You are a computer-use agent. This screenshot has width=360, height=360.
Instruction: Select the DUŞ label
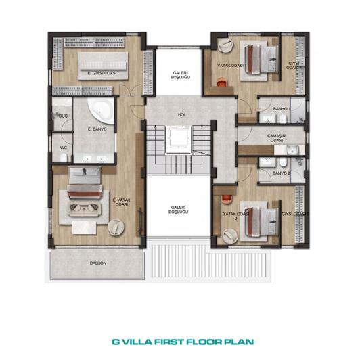point(62,116)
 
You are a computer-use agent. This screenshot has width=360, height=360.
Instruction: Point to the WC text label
point(62,147)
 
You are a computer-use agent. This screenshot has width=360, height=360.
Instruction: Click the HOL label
point(181,114)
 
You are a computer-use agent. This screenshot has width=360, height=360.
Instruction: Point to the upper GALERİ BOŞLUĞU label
point(180,75)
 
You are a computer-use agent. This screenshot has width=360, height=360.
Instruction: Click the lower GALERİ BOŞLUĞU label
point(180,210)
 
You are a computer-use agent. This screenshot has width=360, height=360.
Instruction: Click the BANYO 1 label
point(281,109)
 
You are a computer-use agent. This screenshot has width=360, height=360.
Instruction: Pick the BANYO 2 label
point(281,173)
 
